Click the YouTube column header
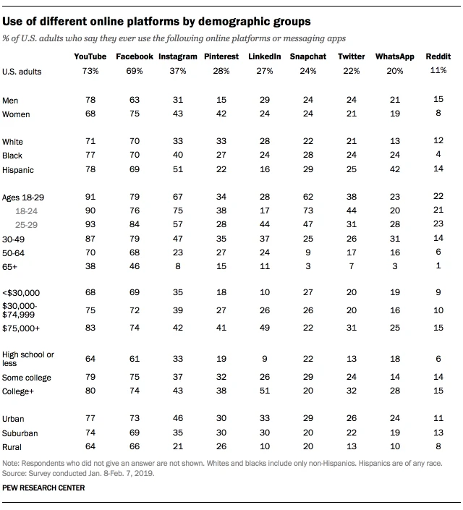coord(90,56)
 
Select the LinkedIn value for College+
coord(264,391)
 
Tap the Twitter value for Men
coord(352,100)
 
